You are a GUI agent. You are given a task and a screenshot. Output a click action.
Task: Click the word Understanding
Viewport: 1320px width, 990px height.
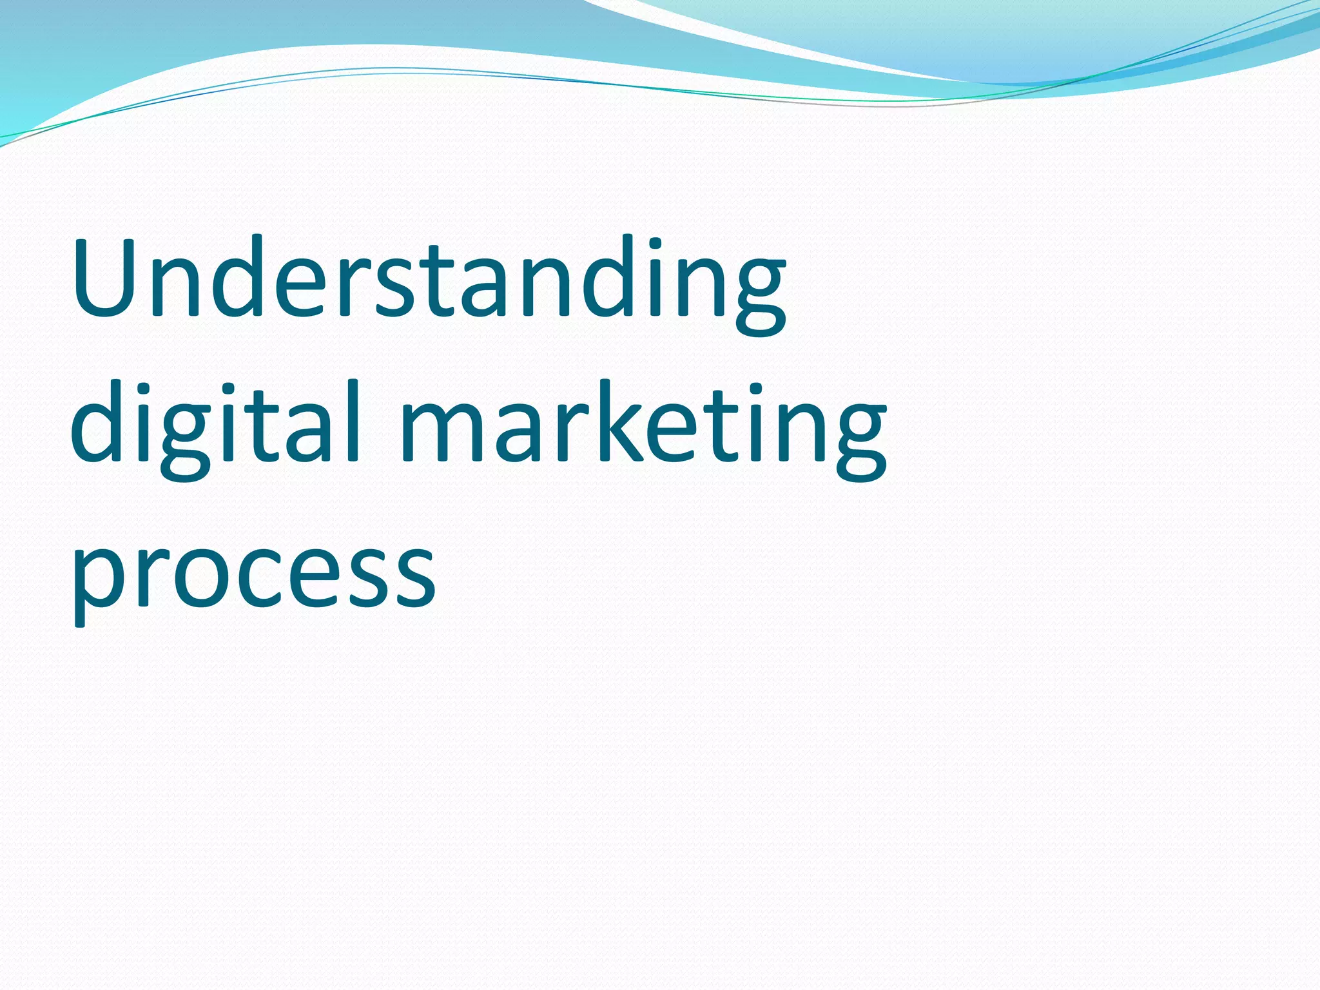point(429,284)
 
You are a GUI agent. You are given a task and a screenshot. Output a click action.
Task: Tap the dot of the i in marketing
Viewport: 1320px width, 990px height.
point(756,390)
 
